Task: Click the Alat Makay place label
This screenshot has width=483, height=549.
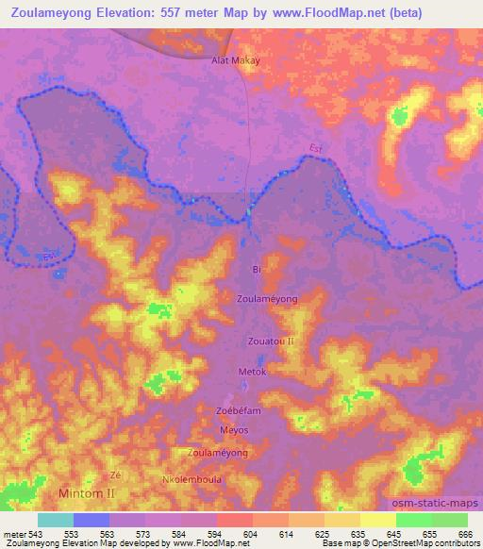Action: [x=235, y=58]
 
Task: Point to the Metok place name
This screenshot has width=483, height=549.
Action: [x=253, y=372]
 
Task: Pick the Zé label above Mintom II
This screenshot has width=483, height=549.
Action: [x=116, y=474]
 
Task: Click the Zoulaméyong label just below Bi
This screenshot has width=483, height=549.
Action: [x=267, y=298]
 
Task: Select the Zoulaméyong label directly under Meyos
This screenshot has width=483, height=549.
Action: [x=218, y=453]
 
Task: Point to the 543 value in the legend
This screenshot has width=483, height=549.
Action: [x=34, y=533]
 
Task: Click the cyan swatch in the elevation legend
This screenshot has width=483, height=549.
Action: [x=55, y=520]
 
